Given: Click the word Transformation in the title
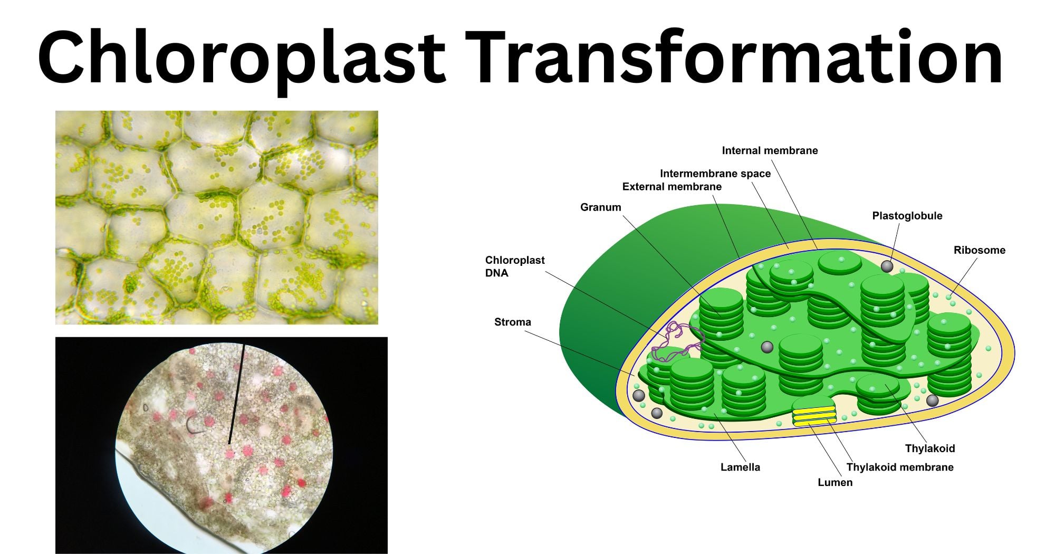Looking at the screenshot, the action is [734, 56].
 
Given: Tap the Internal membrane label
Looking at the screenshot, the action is [770, 150].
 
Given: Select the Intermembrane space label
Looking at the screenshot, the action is [715, 174].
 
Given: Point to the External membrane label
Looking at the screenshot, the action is [672, 186].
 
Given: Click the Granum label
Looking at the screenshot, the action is [600, 207].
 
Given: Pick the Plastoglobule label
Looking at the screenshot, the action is [907, 216].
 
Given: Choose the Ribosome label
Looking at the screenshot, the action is [979, 250].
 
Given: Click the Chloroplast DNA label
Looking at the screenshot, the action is [515, 266].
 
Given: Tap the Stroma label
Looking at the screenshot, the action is [512, 322].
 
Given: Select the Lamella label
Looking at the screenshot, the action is [740, 467].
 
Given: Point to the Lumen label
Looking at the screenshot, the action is [835, 482].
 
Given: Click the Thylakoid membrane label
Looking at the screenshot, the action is [899, 467].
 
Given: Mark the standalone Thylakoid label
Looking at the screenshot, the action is [929, 448].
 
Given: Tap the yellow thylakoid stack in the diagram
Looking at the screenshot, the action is [814, 415].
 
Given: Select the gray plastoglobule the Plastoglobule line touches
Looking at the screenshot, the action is [887, 266].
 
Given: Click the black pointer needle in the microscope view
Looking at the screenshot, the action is [236, 394].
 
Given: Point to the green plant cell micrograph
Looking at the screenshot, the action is [217, 217].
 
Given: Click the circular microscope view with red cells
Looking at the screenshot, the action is [224, 449].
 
